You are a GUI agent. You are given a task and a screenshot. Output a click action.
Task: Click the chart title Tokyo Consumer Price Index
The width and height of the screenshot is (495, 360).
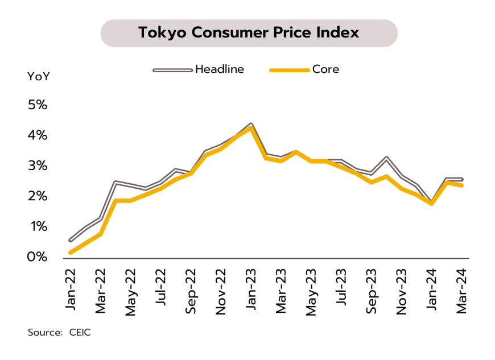tap(249, 33)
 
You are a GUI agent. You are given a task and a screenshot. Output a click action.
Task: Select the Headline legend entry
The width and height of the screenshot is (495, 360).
tap(220, 69)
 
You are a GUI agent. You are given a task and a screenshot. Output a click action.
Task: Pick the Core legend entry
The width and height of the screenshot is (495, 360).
tap(325, 69)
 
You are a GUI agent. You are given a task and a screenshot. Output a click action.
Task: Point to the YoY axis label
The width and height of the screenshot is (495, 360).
tap(38, 76)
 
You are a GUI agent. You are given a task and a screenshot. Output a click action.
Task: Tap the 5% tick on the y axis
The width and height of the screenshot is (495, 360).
tap(34, 105)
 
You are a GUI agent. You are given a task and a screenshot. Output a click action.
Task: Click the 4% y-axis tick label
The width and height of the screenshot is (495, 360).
tap(34, 135)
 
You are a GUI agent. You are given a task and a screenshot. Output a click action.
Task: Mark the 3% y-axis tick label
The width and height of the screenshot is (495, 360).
tap(34, 166)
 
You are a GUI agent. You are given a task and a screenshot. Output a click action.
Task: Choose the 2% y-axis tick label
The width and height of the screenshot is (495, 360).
tap(34, 196)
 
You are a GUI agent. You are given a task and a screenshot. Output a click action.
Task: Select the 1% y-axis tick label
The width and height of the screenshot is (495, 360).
tap(34, 227)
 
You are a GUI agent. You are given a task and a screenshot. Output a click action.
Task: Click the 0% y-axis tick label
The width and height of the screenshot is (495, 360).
tap(34, 257)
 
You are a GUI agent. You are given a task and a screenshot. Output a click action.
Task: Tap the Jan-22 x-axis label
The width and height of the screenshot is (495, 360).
tap(71, 288)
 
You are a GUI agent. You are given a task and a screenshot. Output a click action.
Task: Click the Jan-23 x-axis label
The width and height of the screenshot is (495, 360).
tap(251, 288)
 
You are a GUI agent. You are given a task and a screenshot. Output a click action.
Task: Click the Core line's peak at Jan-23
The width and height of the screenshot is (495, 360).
tap(251, 127)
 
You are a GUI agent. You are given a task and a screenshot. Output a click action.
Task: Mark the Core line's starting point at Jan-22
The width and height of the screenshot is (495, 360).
tap(71, 252)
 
